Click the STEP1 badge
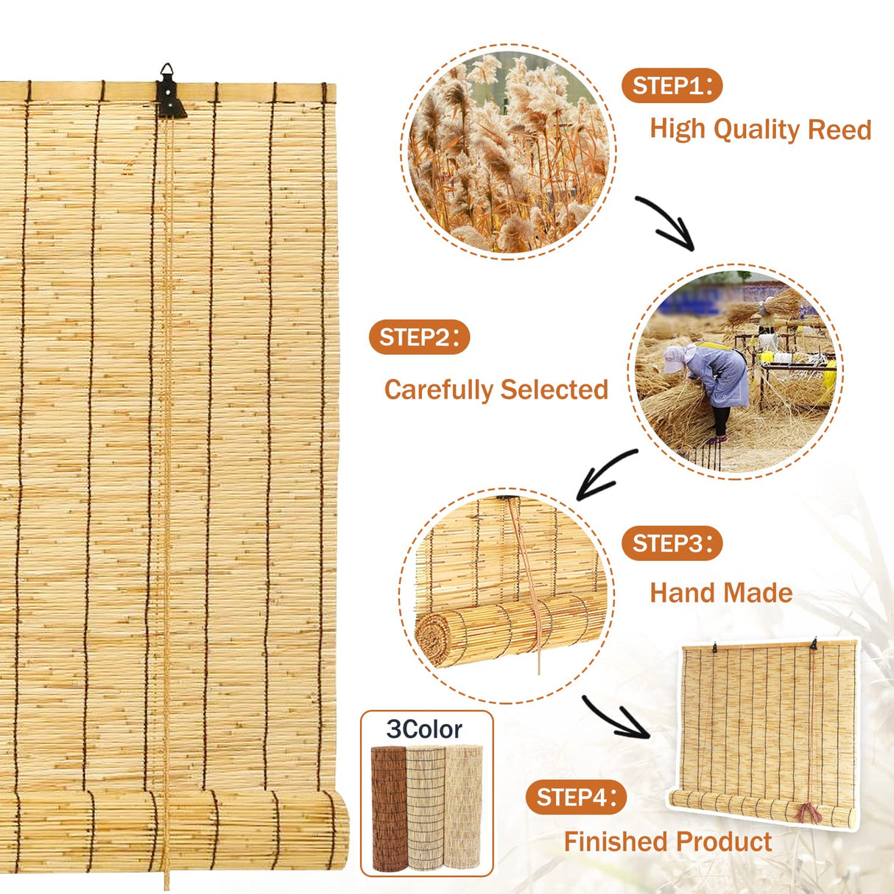pyautogui.click(x=672, y=86)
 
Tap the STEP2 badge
pyautogui.click(x=419, y=338)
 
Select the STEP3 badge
pyautogui.click(x=672, y=544)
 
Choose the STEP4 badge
pyautogui.click(x=576, y=798)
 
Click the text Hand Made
pyautogui.click(x=720, y=593)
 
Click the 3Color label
pyautogui.click(x=424, y=729)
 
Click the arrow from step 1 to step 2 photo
pyautogui.click(x=665, y=222)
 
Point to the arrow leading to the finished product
pyautogui.click(x=615, y=717)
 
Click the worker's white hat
pyautogui.click(x=674, y=359)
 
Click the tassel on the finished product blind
pyautogui.click(x=809, y=813)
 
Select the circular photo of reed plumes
pyautogui.click(x=509, y=152)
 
